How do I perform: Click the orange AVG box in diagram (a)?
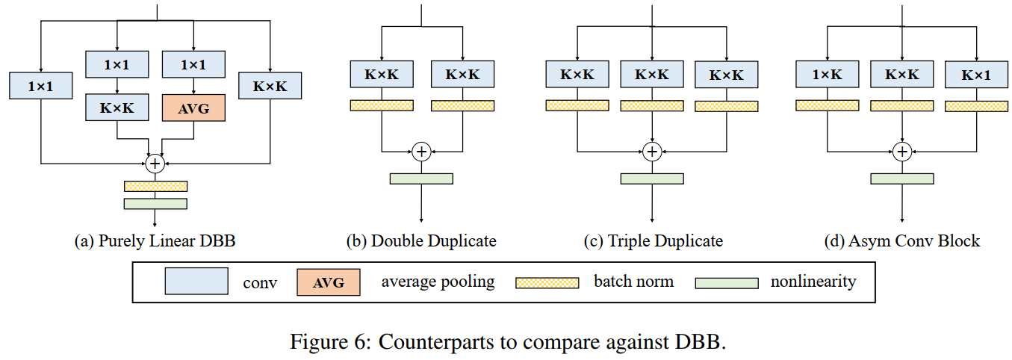click(x=193, y=108)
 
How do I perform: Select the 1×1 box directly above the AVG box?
click(x=193, y=65)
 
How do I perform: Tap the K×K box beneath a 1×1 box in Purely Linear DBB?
click(x=117, y=108)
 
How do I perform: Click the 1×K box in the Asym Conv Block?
click(x=827, y=75)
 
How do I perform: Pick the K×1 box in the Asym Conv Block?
click(x=976, y=75)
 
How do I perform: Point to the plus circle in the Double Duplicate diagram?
click(x=421, y=152)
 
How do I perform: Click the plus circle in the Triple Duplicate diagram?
click(x=652, y=152)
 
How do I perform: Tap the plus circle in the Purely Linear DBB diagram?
click(x=155, y=162)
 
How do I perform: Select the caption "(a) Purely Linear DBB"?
click(x=155, y=241)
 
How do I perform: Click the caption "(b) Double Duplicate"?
click(x=421, y=241)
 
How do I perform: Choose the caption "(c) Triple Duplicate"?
click(x=653, y=241)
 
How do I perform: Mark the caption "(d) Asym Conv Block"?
click(x=901, y=241)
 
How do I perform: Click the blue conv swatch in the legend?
click(x=196, y=282)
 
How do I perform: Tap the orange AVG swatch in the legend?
click(x=329, y=282)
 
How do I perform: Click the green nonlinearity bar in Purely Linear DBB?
click(x=155, y=203)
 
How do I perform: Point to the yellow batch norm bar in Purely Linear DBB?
click(x=155, y=186)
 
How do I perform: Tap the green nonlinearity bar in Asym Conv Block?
click(x=901, y=179)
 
